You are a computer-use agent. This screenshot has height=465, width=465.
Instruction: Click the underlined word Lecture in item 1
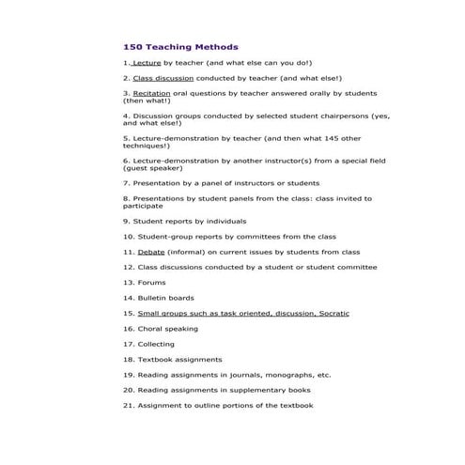coord(147,63)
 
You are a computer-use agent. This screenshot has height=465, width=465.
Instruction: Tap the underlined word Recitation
coord(151,94)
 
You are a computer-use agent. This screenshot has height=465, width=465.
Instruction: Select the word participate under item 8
coord(143,206)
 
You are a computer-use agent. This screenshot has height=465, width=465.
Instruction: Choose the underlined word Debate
coord(150,252)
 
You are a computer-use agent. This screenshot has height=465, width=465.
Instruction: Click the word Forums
coord(151,282)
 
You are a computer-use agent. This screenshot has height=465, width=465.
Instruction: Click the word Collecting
coord(156,344)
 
